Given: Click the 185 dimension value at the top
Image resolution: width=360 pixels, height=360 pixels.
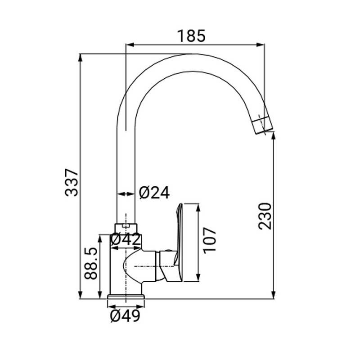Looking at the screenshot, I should pos(192,35).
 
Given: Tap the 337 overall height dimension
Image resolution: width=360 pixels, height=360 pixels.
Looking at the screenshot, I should pos(72,182).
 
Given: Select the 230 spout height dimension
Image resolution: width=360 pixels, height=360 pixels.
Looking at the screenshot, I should pos(265,216).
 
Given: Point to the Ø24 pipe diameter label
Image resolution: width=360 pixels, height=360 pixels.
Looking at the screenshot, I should pos(154,193).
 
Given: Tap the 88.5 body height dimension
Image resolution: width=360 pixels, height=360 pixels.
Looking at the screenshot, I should pos(91,263).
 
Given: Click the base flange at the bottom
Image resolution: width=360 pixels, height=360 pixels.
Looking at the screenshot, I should pos(126,297).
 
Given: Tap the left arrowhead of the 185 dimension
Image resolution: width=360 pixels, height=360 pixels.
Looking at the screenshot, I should pos(129,45).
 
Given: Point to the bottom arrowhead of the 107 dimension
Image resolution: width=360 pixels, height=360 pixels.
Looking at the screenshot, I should pos(198,279).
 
